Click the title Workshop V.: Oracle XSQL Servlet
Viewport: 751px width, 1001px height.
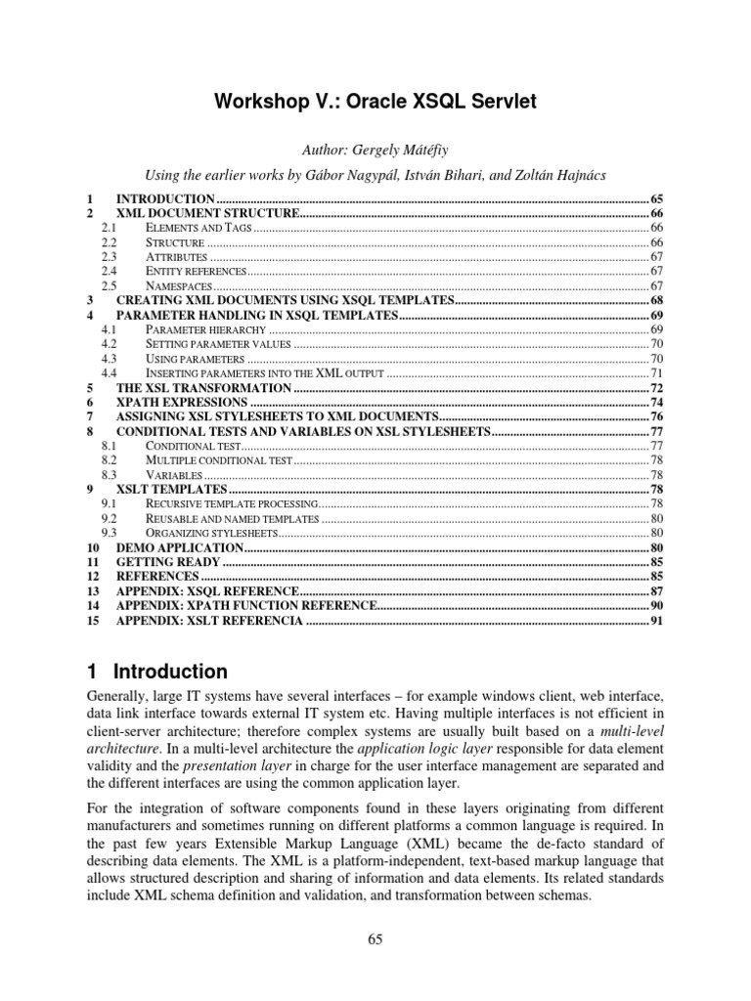(x=375, y=101)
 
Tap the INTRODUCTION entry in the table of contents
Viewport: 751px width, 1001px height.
(x=159, y=198)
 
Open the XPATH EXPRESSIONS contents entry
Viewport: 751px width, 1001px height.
(x=181, y=402)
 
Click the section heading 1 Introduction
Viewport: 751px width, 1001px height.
(x=156, y=672)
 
